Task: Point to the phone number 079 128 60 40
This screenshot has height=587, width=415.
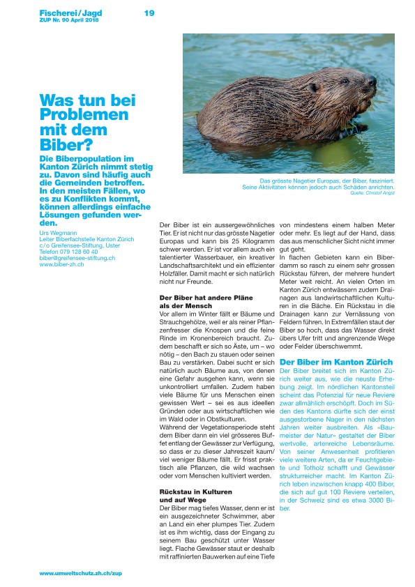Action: pos(79,251)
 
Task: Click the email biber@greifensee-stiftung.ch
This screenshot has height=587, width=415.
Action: pos(77,258)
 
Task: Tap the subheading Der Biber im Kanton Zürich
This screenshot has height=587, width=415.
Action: pos(336,362)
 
